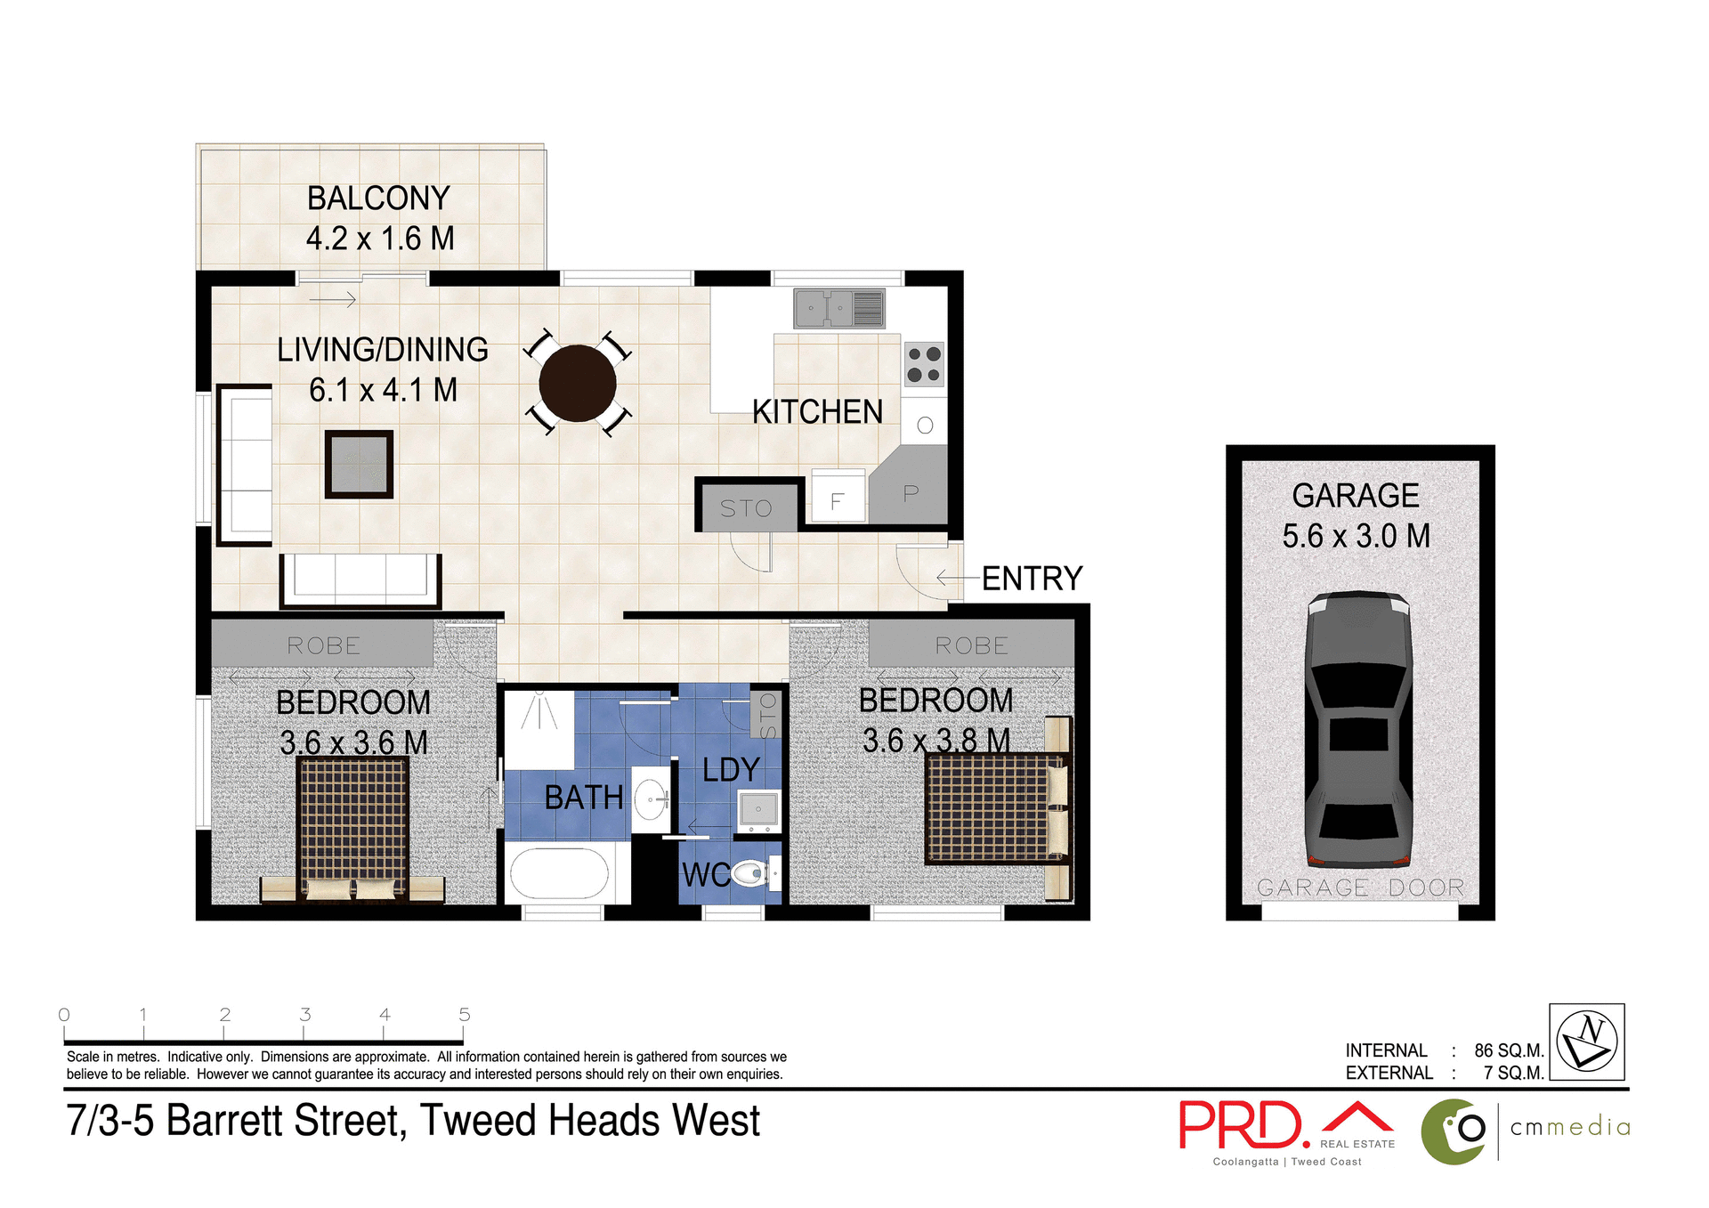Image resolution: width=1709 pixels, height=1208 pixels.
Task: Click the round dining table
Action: (x=577, y=384)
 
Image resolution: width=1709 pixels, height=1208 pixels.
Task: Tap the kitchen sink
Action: (x=838, y=309)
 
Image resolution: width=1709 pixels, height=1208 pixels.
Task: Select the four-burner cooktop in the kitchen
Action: (x=924, y=364)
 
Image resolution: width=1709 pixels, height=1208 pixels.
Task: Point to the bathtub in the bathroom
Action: (x=558, y=874)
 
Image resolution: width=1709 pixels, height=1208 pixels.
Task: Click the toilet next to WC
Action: (x=750, y=872)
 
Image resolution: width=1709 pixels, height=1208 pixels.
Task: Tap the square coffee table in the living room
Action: (x=359, y=464)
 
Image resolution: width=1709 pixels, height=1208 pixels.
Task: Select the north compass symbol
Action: (x=1587, y=1042)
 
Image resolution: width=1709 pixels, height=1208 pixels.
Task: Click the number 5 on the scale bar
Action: (x=464, y=1014)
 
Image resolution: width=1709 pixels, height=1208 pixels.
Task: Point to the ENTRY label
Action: (x=1032, y=579)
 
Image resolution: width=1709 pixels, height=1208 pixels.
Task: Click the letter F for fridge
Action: (x=837, y=501)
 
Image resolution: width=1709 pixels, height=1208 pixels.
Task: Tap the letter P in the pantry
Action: (x=911, y=493)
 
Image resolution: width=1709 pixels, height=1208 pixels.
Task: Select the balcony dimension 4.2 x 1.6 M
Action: (x=380, y=239)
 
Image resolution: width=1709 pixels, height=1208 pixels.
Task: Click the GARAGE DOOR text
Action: (x=1360, y=888)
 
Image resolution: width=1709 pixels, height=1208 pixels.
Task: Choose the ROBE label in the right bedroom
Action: (x=971, y=645)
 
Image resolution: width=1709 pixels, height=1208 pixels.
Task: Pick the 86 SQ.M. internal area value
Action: (x=1509, y=1050)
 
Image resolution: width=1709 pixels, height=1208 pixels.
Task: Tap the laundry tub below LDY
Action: (x=758, y=809)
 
